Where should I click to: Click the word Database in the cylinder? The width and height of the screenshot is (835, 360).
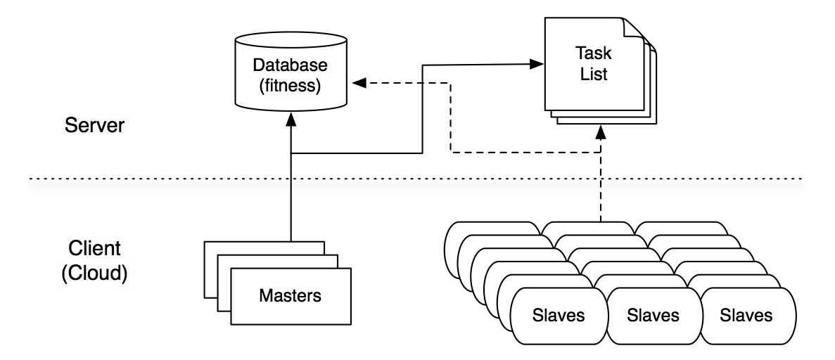coord(291,65)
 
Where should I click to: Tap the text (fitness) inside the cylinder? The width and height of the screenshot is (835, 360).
coord(291,86)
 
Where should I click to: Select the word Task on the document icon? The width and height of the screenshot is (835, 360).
coord(594,53)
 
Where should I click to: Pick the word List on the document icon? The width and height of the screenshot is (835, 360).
coord(594,73)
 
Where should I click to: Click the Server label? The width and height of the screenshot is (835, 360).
coord(94,126)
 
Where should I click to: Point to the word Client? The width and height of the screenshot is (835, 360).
coord(94,248)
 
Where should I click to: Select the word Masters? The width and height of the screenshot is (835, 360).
coord(290,295)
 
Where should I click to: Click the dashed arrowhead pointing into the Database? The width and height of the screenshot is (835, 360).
coord(359,83)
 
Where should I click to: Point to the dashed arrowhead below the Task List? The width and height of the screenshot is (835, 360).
coord(600,131)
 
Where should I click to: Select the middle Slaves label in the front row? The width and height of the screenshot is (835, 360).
coord(653,314)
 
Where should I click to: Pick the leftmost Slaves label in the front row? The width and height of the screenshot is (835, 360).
coord(559,314)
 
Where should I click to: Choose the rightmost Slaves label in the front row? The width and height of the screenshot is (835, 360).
coord(746,314)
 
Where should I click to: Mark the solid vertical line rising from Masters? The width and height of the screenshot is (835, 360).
coord(291,204)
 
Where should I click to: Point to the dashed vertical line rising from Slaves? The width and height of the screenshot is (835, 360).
coord(600,190)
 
